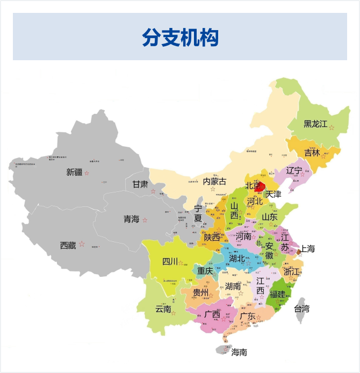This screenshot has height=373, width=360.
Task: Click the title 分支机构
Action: click(180, 37)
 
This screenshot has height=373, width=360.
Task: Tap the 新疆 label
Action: click(74, 173)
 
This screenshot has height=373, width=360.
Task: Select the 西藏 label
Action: click(68, 245)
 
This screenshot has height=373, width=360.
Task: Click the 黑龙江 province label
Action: click(315, 124)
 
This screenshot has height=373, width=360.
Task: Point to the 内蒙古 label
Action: click(214, 181)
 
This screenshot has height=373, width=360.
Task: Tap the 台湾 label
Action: click(301, 309)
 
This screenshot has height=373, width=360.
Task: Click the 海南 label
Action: click(239, 353)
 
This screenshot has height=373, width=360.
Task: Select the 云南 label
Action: click(163, 309)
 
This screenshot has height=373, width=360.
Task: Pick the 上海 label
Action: click(307, 248)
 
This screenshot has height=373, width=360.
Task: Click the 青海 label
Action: click(131, 219)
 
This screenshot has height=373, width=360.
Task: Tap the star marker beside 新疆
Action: click(87, 173)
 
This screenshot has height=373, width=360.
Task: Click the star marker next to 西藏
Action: click(82, 244)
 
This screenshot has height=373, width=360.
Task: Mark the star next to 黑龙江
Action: click(332, 128)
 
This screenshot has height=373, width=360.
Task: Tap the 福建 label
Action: click(278, 294)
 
